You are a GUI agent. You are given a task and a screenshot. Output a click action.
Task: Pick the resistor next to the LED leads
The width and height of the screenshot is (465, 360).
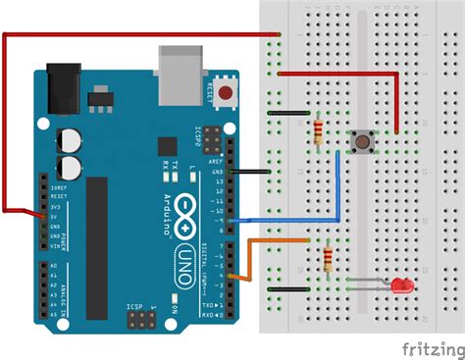tap(327, 260)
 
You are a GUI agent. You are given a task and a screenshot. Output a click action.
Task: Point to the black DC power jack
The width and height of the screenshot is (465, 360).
tap(64, 83)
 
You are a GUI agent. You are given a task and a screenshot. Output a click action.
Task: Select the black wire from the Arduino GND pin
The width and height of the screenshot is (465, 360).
tap(250, 172)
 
